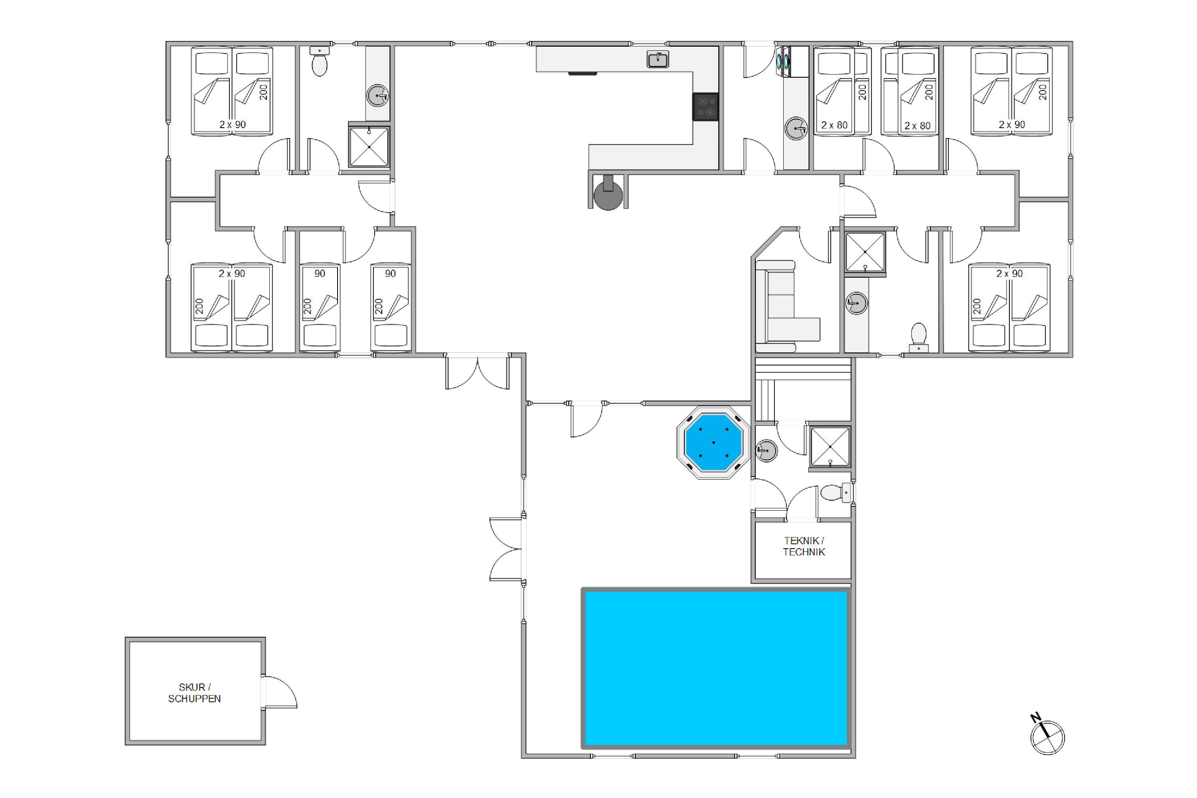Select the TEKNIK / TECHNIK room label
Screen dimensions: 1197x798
(804, 546)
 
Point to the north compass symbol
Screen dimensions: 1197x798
(1047, 735)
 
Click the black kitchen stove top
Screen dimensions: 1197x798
(705, 107)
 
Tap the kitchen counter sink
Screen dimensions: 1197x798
(658, 59)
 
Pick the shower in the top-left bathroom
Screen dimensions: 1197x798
(369, 146)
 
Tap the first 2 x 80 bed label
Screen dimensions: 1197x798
(835, 124)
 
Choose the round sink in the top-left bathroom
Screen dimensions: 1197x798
(377, 95)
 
